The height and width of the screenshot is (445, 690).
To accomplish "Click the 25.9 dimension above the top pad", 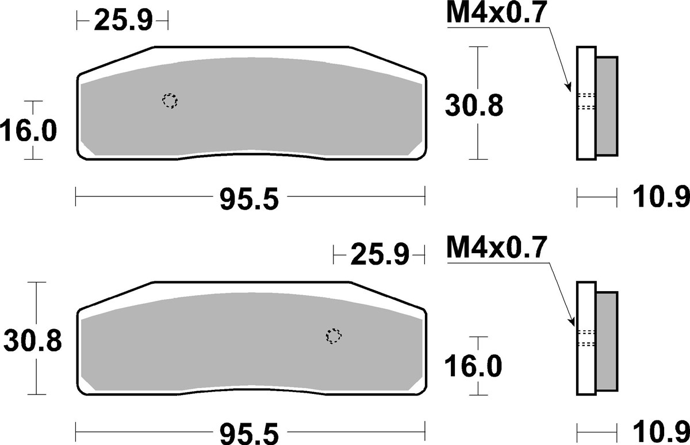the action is click(123, 21).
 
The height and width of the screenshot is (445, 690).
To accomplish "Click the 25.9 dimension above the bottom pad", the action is click(379, 254).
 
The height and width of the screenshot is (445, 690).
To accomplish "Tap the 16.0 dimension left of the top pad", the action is click(28, 131).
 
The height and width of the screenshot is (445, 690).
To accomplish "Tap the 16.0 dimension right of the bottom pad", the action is click(473, 366).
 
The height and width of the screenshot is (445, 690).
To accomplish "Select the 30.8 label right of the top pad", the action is click(474, 106).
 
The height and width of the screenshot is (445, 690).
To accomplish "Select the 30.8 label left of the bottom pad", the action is click(33, 340).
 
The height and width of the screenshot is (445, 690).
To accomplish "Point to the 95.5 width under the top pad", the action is click(249, 200).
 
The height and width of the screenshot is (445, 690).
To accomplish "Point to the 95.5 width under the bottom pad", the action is click(249, 434).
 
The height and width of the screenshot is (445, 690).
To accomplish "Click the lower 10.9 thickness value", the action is click(661, 432).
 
